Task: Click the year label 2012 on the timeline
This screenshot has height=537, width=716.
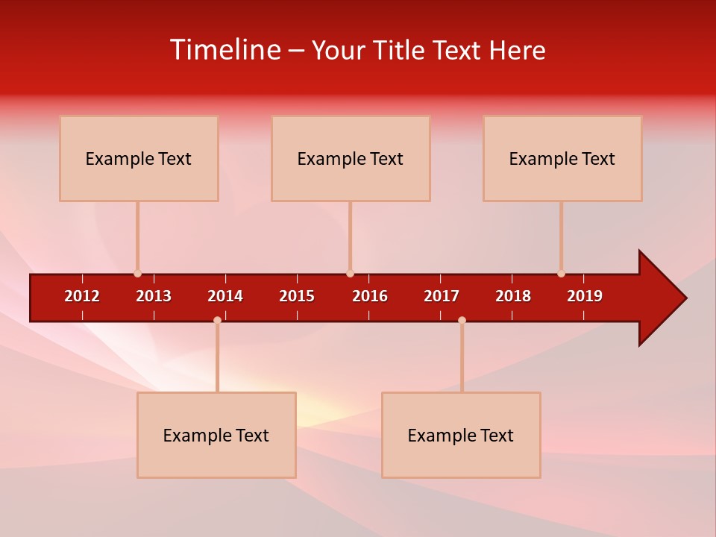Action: pyautogui.click(x=82, y=296)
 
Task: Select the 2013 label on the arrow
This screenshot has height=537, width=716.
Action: pyautogui.click(x=154, y=296)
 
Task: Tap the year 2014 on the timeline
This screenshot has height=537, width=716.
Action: pyautogui.click(x=225, y=296)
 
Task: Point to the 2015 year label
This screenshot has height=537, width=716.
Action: pyautogui.click(x=297, y=296)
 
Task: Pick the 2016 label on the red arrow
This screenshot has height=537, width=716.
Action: pyautogui.click(x=370, y=296)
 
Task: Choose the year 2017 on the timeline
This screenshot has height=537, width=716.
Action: pyautogui.click(x=442, y=296)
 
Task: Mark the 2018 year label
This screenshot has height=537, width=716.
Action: pyautogui.click(x=513, y=296)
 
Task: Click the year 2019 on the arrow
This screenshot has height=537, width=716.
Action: pyautogui.click(x=585, y=296)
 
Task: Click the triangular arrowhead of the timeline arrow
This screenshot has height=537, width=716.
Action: pyautogui.click(x=660, y=298)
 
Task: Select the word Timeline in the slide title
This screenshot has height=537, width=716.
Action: pyautogui.click(x=225, y=50)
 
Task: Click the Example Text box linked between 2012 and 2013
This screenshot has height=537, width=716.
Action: pyautogui.click(x=139, y=158)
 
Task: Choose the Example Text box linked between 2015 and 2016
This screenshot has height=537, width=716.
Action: pyautogui.click(x=351, y=158)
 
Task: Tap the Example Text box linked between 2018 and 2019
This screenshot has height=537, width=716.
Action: pyautogui.click(x=562, y=158)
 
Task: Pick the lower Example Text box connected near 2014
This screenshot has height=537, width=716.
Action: pyautogui.click(x=216, y=435)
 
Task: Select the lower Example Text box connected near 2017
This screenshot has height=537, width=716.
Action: pyautogui.click(x=461, y=435)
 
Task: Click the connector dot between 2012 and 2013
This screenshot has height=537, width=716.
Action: pyautogui.click(x=137, y=274)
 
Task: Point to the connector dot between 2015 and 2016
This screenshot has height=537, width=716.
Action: pyautogui.click(x=350, y=274)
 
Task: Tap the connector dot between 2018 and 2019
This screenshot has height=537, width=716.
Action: pyautogui.click(x=561, y=274)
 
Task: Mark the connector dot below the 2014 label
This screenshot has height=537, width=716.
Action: pyautogui.click(x=217, y=320)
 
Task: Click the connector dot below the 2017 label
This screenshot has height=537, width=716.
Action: pyautogui.click(x=462, y=320)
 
